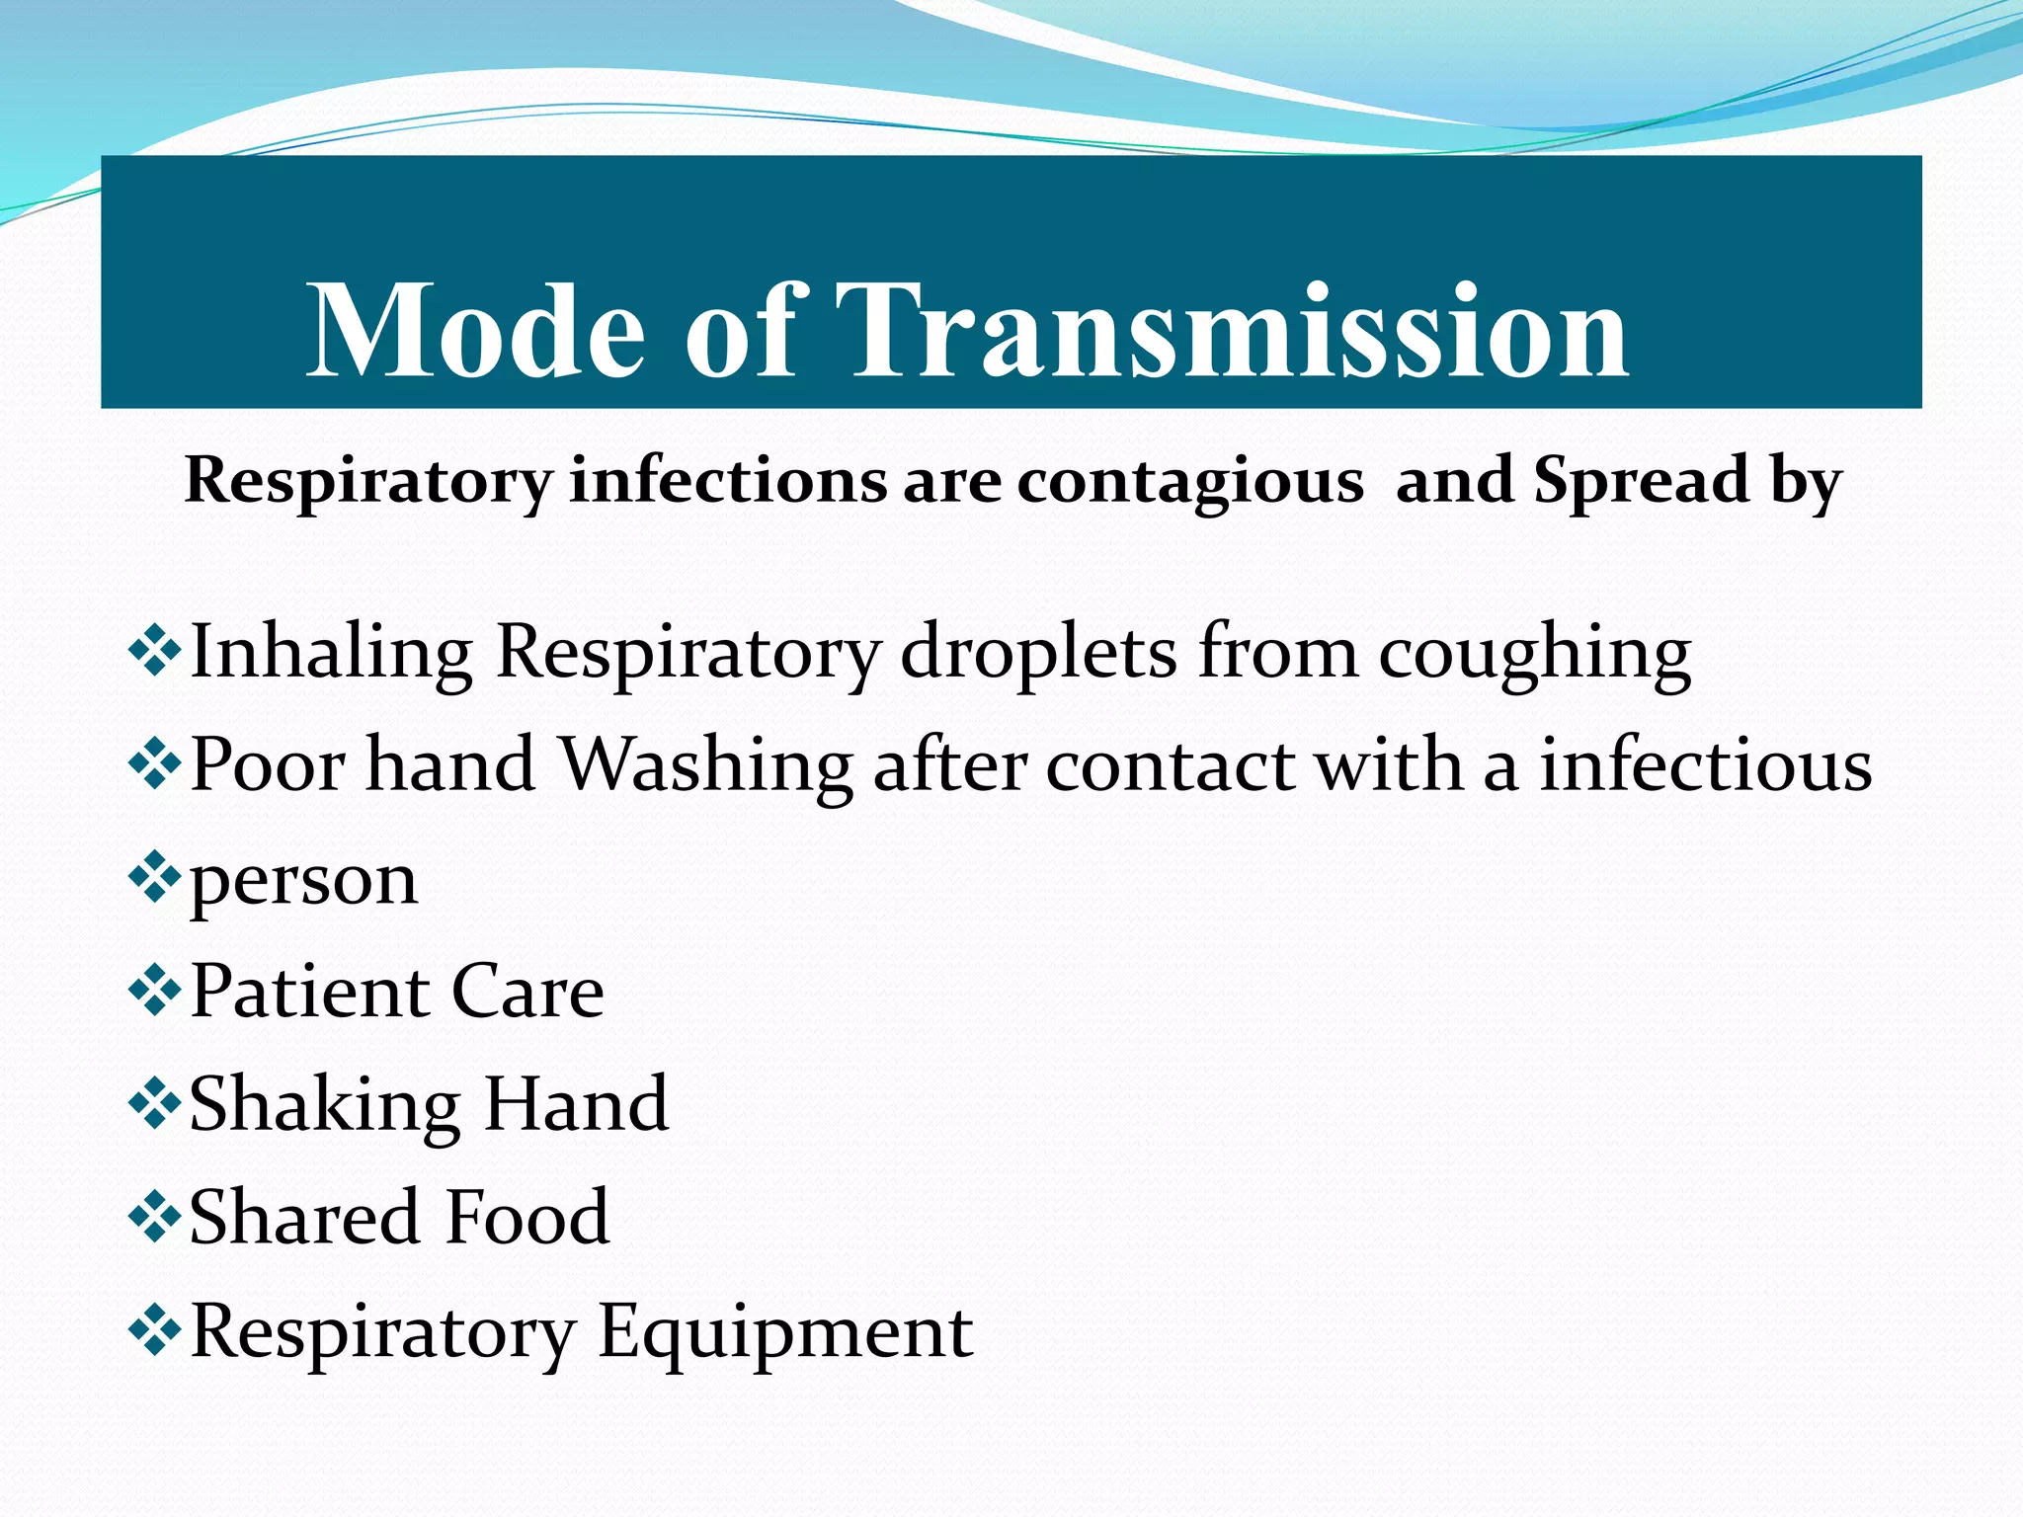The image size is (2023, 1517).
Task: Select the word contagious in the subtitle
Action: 1190,483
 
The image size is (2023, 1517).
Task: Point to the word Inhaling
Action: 331,654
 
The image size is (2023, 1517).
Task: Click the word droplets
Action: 1038,654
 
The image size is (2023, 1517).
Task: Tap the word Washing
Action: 707,766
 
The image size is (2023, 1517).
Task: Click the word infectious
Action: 1705,766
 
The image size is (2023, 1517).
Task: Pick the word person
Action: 303,881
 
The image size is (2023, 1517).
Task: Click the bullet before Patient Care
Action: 155,991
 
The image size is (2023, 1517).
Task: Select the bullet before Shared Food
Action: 155,1217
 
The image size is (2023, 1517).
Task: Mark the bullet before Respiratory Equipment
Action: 155,1330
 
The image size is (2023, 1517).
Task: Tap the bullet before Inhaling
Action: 155,652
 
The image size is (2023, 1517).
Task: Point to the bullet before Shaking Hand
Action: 155,1104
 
